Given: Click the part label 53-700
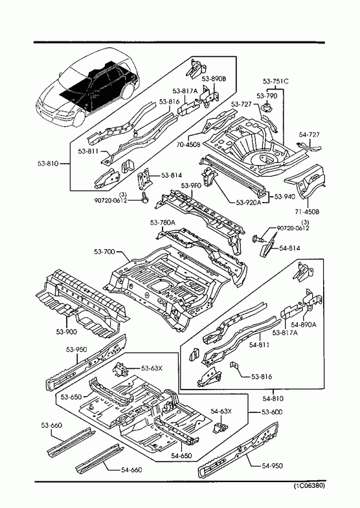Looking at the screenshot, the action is click(x=105, y=252).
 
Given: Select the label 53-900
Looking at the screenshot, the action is click(x=67, y=332).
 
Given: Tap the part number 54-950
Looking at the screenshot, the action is click(x=272, y=466).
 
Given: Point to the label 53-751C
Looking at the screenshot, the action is click(x=275, y=82).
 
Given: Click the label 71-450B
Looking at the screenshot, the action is click(x=307, y=212).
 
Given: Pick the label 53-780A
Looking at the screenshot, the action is click(x=163, y=223).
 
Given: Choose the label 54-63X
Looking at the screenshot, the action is click(x=221, y=412).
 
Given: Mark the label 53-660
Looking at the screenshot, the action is click(x=52, y=425).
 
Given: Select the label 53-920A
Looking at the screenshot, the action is click(x=249, y=203).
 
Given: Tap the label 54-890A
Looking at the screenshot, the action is click(x=304, y=325).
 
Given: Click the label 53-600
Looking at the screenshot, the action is click(x=272, y=412).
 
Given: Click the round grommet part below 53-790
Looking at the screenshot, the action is click(x=267, y=107).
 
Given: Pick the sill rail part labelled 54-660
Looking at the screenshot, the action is click(x=100, y=456).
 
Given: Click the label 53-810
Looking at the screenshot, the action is click(x=48, y=164).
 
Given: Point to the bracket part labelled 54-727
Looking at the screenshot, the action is click(x=309, y=147).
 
